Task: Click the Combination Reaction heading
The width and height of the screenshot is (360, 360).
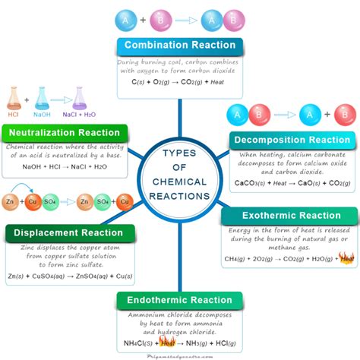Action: click(179, 45)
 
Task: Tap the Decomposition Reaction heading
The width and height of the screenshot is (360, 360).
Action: click(291, 141)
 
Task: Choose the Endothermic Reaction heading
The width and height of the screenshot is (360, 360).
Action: click(179, 300)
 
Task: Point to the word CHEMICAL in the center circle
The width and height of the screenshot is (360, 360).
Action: click(180, 182)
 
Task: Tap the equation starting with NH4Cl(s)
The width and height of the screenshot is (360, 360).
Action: click(179, 340)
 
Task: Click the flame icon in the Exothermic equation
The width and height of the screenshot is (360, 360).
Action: click(347, 258)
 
